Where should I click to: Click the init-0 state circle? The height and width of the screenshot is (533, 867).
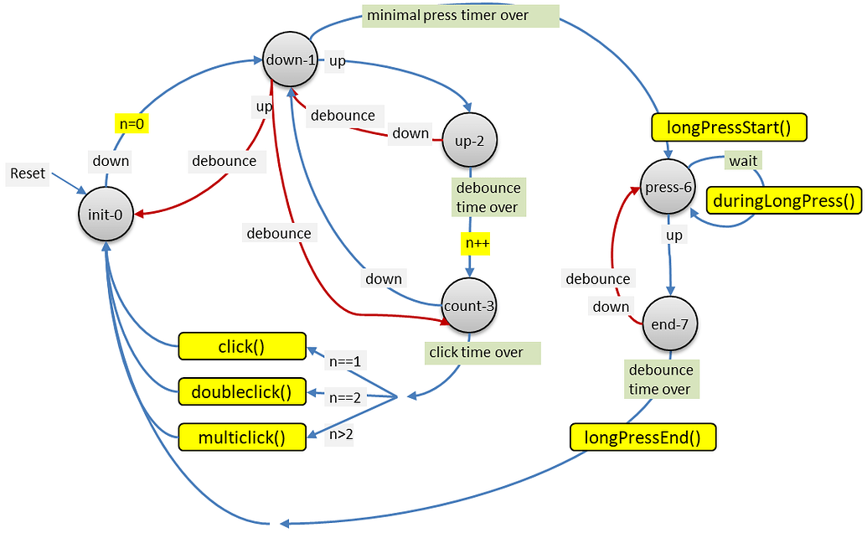pyautogui.click(x=106, y=215)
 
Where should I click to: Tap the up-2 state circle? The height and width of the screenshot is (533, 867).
pyautogui.click(x=470, y=140)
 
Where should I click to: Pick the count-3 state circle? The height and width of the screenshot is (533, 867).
pyautogui.click(x=469, y=306)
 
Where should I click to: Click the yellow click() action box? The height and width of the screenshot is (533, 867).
pyautogui.click(x=241, y=346)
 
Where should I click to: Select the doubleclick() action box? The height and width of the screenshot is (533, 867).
pyautogui.click(x=241, y=391)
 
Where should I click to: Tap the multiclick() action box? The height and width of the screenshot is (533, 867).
pyautogui.click(x=241, y=437)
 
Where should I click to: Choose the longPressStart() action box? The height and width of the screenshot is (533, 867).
pyautogui.click(x=728, y=127)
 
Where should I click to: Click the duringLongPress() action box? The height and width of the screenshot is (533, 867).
pyautogui.click(x=784, y=199)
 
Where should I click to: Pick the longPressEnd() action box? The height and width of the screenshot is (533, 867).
pyautogui.click(x=643, y=437)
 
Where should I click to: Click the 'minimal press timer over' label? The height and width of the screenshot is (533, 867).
pyautogui.click(x=460, y=15)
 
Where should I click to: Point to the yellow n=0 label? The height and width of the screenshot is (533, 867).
pyautogui.click(x=132, y=124)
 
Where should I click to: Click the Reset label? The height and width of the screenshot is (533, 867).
pyautogui.click(x=28, y=174)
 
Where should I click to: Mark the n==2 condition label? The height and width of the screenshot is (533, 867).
pyautogui.click(x=344, y=397)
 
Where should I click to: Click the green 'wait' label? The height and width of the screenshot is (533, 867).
pyautogui.click(x=743, y=160)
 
